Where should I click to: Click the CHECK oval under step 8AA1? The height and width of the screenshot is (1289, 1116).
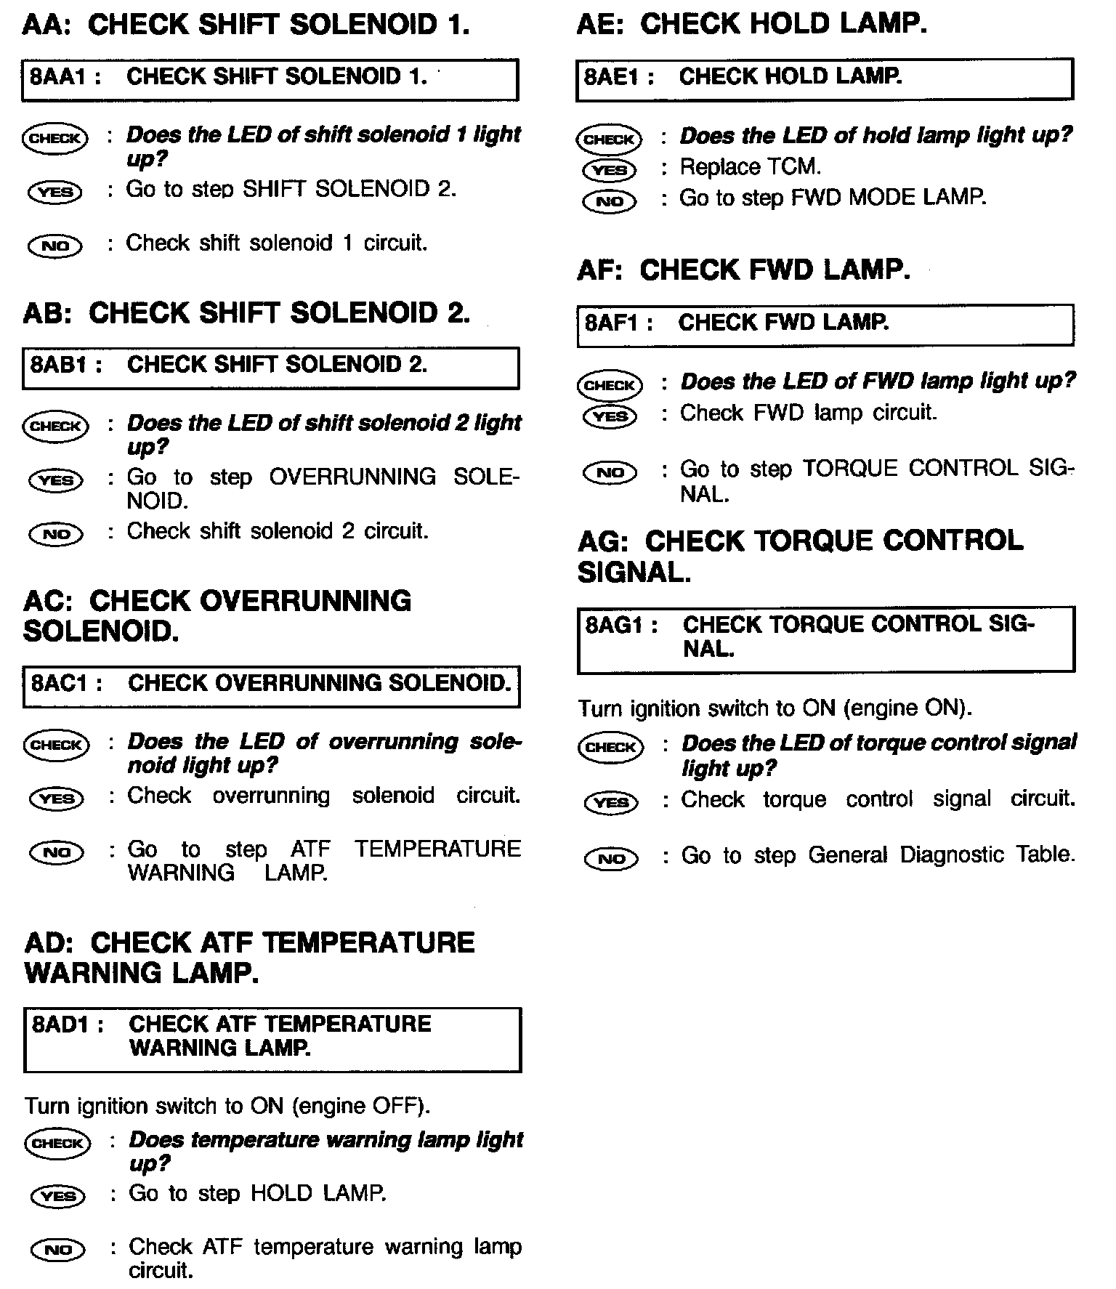[x=55, y=137]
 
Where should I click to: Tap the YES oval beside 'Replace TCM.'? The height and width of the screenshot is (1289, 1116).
[x=610, y=170]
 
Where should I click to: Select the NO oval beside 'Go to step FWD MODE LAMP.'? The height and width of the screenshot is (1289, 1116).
[x=610, y=201]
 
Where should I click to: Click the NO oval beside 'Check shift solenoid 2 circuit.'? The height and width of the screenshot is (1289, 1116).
[x=56, y=535]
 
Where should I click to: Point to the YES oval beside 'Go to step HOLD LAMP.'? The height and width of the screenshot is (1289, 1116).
[x=58, y=1196]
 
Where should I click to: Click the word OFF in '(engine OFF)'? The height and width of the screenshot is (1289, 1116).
[x=397, y=1107]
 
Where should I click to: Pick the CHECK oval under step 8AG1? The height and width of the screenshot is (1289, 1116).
[x=611, y=748]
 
